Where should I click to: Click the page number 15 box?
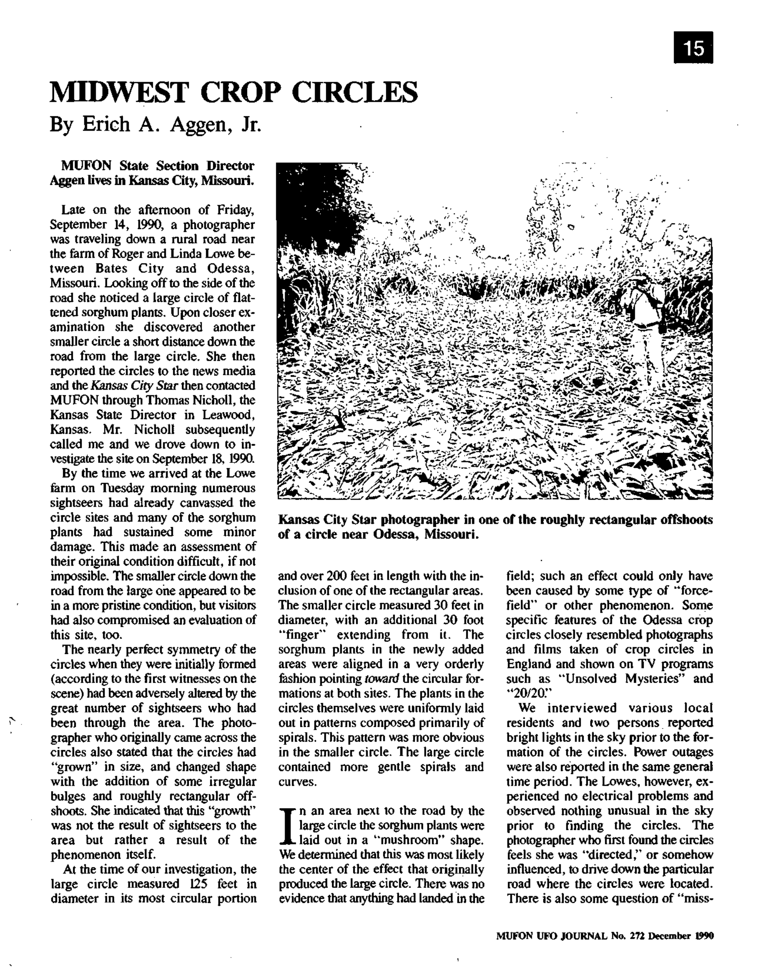[693, 48]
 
